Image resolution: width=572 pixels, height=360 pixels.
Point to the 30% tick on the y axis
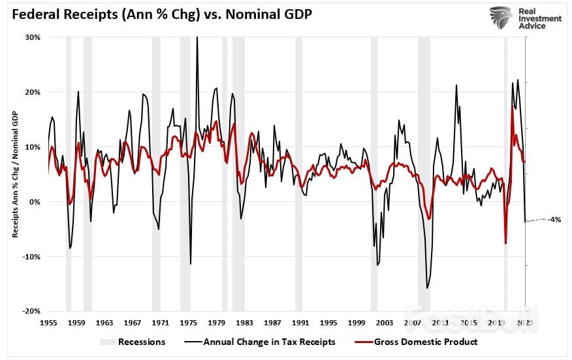[33, 37]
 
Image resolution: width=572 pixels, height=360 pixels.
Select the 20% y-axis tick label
[33, 92]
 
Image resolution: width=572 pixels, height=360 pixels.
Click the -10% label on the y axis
[31, 257]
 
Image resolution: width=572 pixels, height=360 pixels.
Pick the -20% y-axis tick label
[31, 312]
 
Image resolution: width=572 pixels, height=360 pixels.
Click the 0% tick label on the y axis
[35, 202]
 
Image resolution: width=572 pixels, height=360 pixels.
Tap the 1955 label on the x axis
[50, 323]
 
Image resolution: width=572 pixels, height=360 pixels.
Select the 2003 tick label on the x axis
[384, 323]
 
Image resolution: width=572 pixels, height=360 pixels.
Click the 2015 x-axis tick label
[467, 323]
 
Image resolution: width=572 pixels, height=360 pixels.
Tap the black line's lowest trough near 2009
[427, 287]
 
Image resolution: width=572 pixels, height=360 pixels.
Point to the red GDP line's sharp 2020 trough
[506, 244]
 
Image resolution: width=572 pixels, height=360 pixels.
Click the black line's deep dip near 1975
[191, 264]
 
